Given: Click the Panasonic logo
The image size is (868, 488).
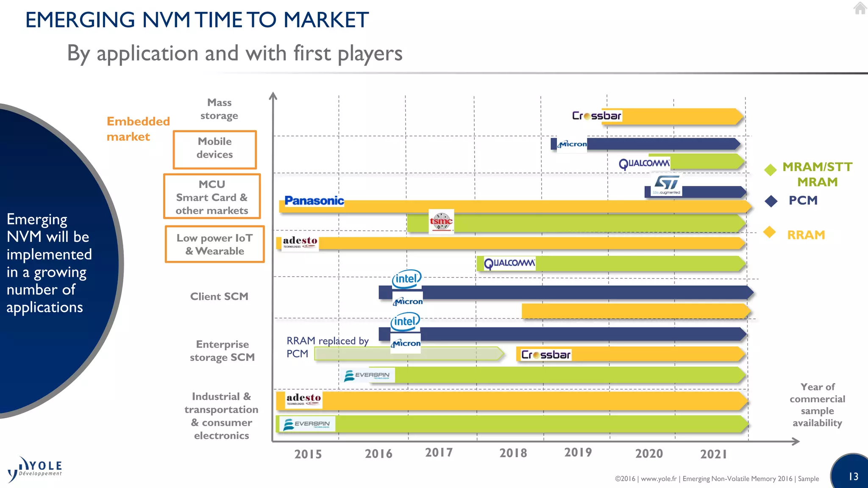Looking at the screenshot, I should [314, 201].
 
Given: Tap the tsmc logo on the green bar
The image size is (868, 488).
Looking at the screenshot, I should [441, 221].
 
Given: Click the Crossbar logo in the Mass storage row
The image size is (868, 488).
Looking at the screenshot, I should [596, 116].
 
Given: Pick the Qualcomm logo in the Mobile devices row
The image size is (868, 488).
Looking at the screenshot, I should [644, 164].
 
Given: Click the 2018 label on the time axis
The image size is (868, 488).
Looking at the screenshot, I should [513, 453].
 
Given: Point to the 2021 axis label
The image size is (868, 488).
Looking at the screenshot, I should [713, 454].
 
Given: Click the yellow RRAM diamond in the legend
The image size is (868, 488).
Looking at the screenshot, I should [769, 232].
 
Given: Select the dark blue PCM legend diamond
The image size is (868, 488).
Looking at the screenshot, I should [771, 201].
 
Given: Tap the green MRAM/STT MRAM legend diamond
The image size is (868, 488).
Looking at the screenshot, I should [770, 169].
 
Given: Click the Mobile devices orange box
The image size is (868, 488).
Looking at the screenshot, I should [215, 149].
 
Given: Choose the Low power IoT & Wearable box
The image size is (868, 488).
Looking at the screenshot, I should [215, 244].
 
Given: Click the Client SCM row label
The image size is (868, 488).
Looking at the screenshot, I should [219, 297].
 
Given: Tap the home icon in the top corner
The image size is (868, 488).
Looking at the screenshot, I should [860, 8].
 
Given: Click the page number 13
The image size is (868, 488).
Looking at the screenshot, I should [853, 477].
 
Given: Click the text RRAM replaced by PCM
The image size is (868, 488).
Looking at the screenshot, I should [327, 347].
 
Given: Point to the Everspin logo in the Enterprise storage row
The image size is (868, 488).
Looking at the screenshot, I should [368, 375].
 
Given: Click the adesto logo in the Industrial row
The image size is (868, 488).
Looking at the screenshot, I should [303, 399].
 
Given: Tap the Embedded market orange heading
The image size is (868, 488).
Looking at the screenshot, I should [138, 129].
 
